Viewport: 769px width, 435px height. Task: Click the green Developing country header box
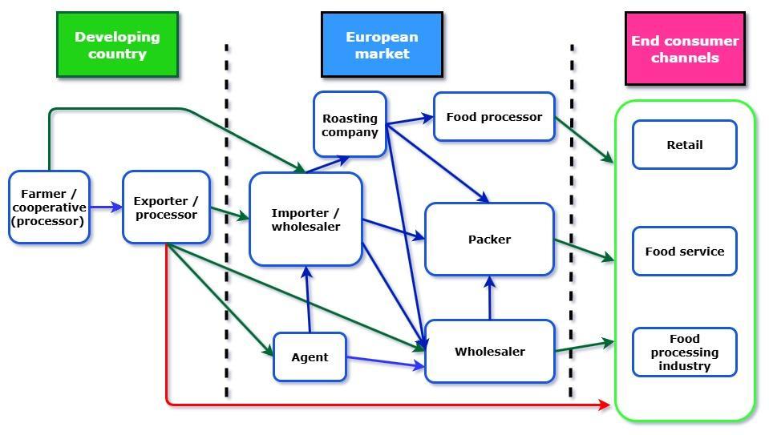pyautogui.click(x=117, y=45)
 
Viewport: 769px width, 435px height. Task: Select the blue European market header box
pyautogui.click(x=382, y=45)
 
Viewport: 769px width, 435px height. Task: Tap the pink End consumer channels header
pyautogui.click(x=685, y=49)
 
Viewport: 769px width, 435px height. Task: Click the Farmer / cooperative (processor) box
pyautogui.click(x=49, y=207)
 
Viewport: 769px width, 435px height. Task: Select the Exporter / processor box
pyautogui.click(x=166, y=207)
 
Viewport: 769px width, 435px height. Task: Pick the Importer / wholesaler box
pyautogui.click(x=306, y=220)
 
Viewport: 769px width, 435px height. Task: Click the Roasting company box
pyautogui.click(x=350, y=124)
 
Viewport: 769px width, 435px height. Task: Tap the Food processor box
pyautogui.click(x=494, y=117)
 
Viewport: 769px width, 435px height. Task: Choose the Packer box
pyautogui.click(x=489, y=240)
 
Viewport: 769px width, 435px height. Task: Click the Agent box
pyautogui.click(x=310, y=357)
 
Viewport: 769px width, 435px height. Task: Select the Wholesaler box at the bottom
pyautogui.click(x=489, y=352)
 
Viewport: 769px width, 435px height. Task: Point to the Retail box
pyautogui.click(x=684, y=145)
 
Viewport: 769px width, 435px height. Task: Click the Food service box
pyautogui.click(x=684, y=252)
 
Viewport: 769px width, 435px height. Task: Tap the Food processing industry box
pyautogui.click(x=684, y=352)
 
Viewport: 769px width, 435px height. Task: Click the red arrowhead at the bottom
pyautogui.click(x=605, y=405)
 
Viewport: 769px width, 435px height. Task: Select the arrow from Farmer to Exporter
pyautogui.click(x=106, y=207)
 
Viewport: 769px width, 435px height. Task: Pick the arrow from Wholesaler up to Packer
pyautogui.click(x=490, y=297)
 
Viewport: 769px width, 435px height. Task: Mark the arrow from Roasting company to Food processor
pyautogui.click(x=410, y=120)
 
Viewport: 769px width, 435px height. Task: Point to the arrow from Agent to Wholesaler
pyautogui.click(x=386, y=362)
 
